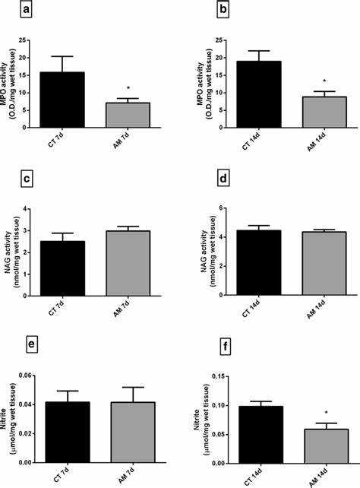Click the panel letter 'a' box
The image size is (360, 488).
28,10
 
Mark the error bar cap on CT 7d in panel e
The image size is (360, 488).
68,391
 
